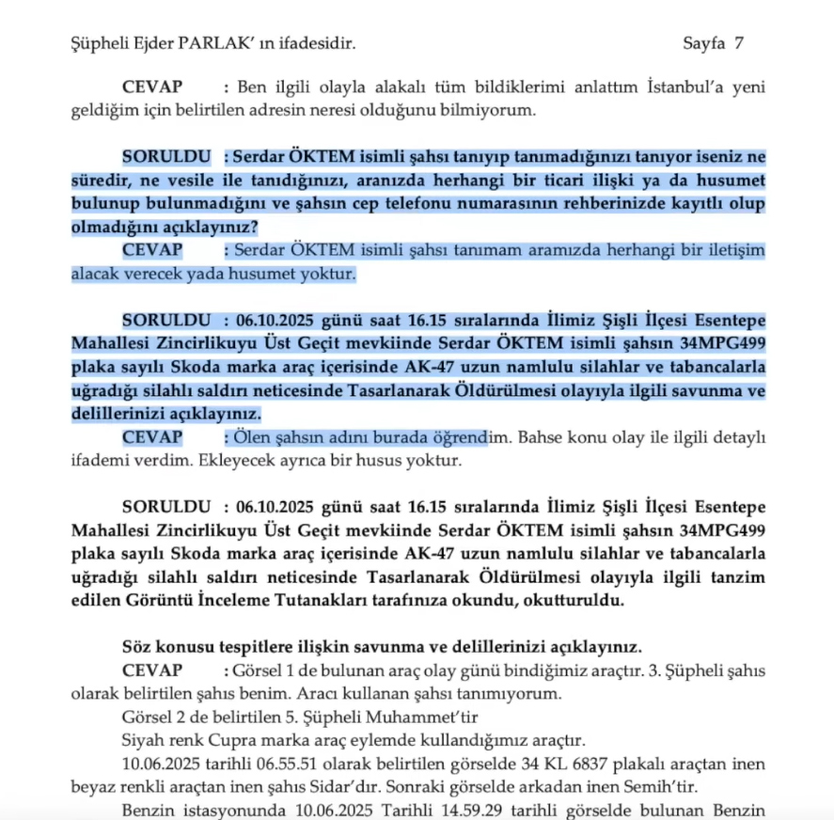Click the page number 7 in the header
(x=738, y=42)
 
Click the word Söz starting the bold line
(x=136, y=647)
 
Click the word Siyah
(x=143, y=739)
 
